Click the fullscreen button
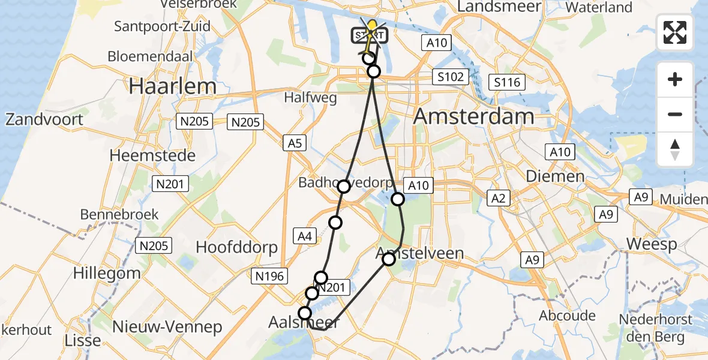click(x=675, y=32)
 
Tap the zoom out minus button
click(x=675, y=114)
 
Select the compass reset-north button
click(x=675, y=149)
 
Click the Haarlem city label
click(x=173, y=86)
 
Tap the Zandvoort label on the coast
click(x=44, y=119)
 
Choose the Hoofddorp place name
click(x=236, y=247)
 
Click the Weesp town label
click(x=652, y=244)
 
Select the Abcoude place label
click(x=567, y=316)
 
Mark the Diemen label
click(x=554, y=176)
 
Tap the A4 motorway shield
click(x=305, y=237)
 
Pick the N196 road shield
click(x=269, y=276)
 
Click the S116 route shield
click(x=506, y=82)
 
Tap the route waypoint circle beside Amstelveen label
click(x=389, y=259)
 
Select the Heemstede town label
click(x=152, y=155)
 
